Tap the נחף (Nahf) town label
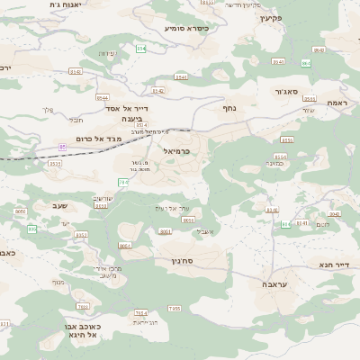(229, 107)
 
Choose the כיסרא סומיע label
(186, 28)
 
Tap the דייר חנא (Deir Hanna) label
(331, 265)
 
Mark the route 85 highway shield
(63, 145)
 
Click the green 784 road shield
(123, 182)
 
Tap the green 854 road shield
(141, 49)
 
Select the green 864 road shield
(306, 62)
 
